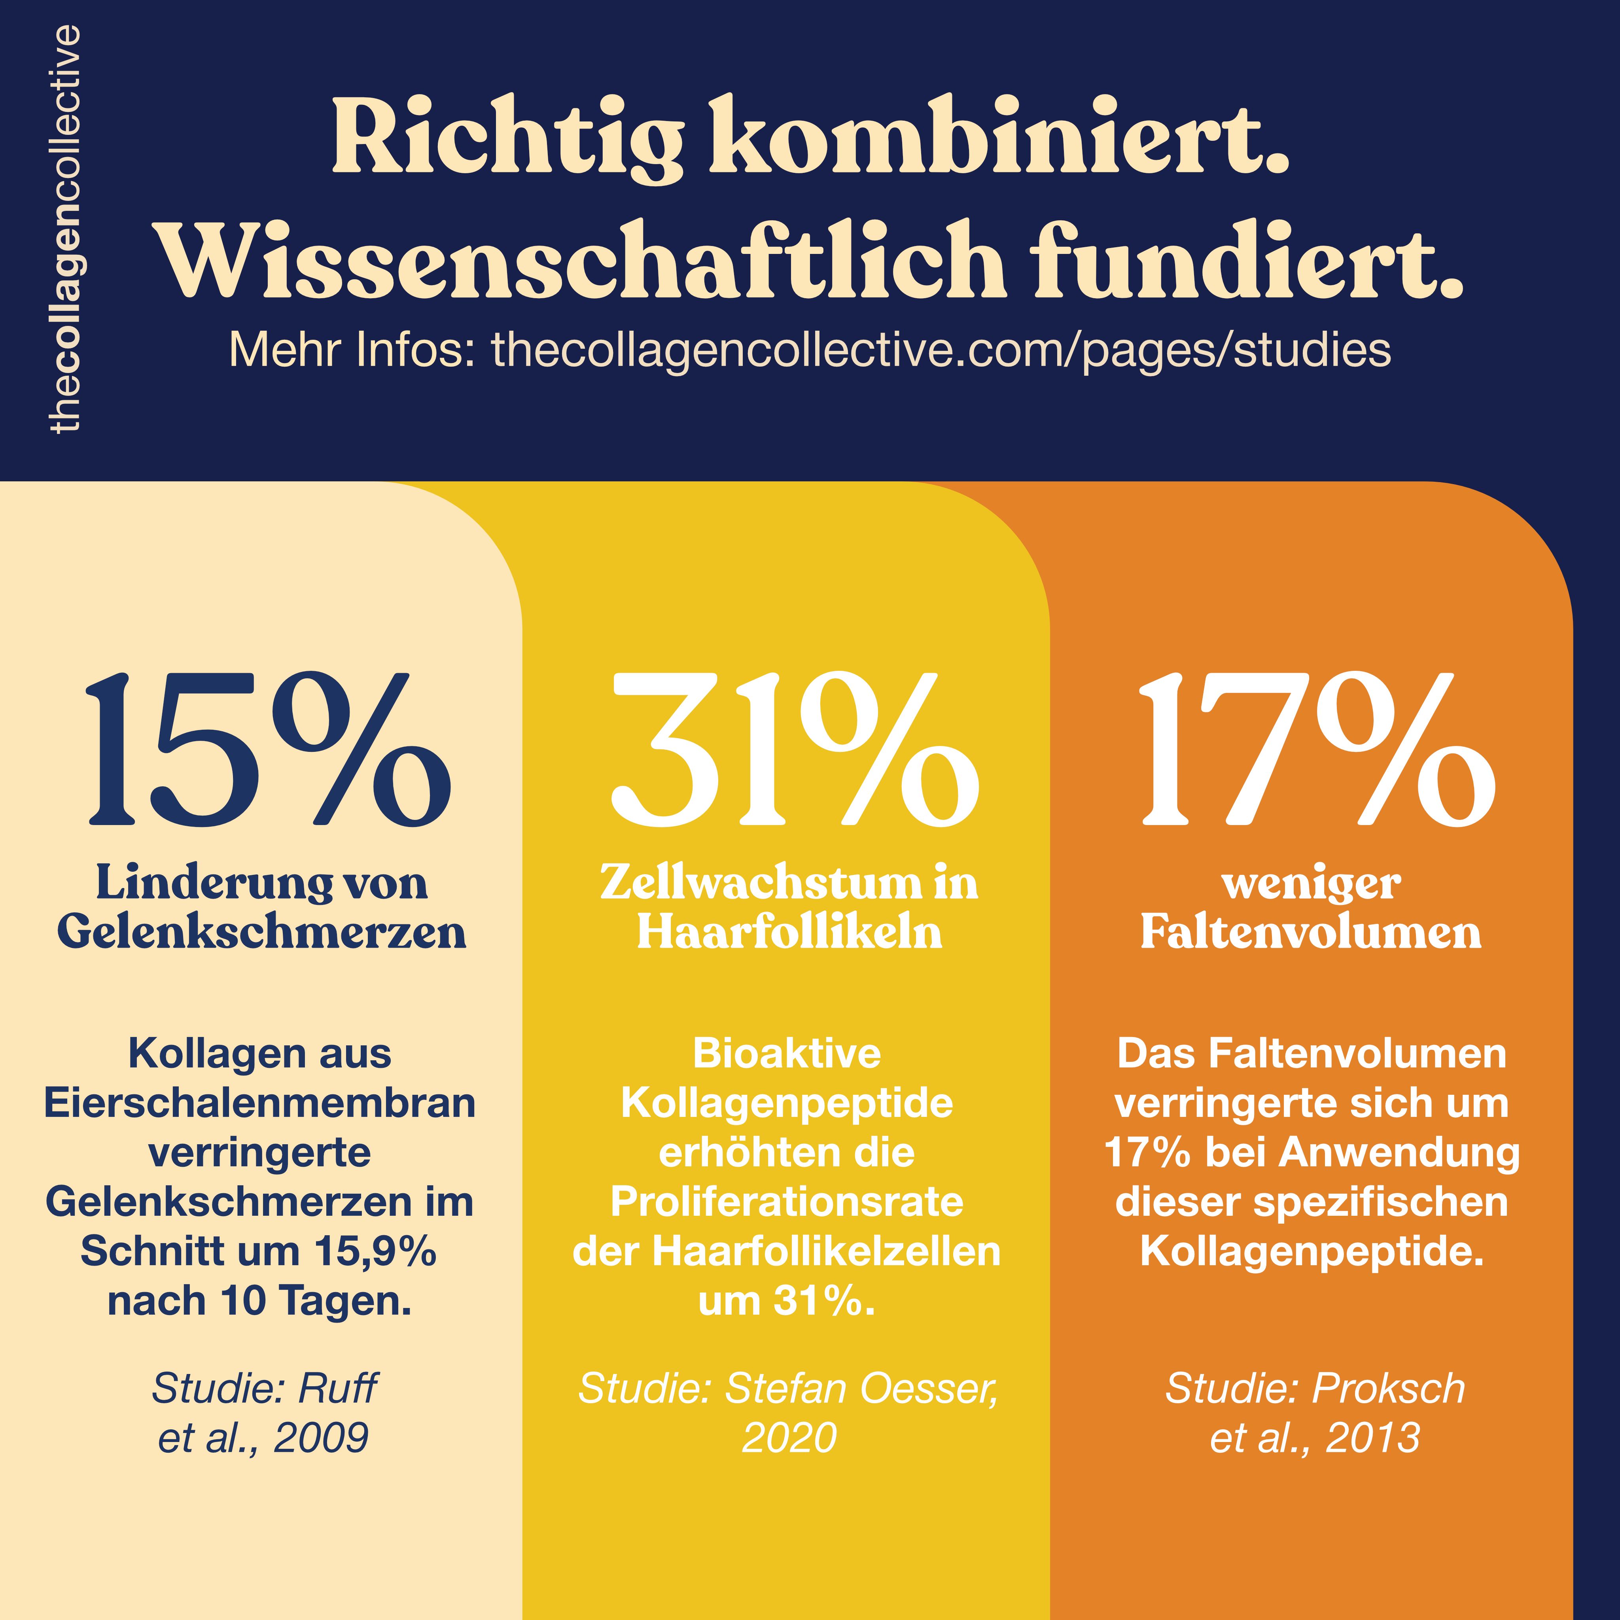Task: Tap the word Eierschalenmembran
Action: pyautogui.click(x=260, y=1103)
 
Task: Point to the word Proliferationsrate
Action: pyautogui.click(x=787, y=1202)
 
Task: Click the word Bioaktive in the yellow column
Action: pyautogui.click(x=787, y=1054)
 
